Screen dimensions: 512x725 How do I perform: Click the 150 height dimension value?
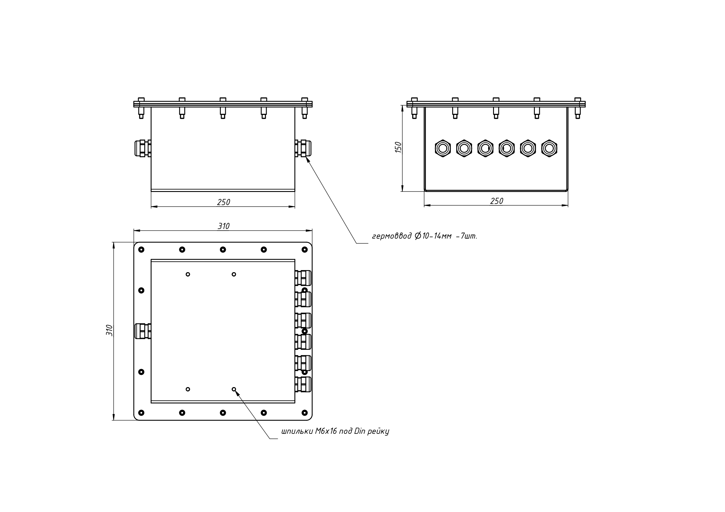(398, 147)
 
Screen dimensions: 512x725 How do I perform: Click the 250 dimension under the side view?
(496, 201)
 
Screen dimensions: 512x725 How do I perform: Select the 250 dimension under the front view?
(223, 202)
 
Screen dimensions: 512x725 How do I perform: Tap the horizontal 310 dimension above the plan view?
(223, 226)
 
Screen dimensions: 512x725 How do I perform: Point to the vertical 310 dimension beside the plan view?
(109, 330)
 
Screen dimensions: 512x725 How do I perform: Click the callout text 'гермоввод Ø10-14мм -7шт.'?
(424, 236)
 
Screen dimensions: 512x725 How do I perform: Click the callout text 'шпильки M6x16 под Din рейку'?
(335, 431)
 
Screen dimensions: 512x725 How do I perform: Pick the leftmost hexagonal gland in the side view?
(443, 148)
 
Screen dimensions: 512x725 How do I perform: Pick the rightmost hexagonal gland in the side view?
(549, 148)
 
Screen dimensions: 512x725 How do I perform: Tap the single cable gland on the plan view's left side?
(143, 331)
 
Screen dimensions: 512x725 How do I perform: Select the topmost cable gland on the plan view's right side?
(303, 278)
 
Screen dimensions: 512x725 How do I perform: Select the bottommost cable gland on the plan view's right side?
(303, 384)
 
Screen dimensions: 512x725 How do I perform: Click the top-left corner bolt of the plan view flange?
(141, 250)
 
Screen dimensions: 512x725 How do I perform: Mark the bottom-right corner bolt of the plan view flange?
(305, 413)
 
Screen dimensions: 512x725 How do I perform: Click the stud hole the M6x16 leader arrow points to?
(234, 389)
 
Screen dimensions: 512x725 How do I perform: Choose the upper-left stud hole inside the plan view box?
(188, 275)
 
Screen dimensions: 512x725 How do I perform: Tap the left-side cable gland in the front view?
(143, 148)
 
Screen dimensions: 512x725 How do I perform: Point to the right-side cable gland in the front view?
(303, 148)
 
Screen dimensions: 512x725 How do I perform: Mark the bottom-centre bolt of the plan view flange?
(223, 413)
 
